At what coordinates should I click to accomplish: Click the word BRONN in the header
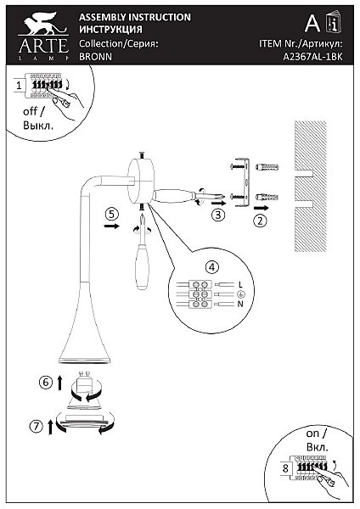pyautogui.click(x=96, y=57)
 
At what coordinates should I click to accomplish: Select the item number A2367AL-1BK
pyautogui.click(x=312, y=57)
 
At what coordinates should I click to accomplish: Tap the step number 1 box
pyautogui.click(x=20, y=86)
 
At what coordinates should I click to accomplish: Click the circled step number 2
pyautogui.click(x=260, y=221)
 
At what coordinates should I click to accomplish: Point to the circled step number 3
pyautogui.click(x=218, y=215)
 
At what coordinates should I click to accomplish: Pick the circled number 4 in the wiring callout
pyautogui.click(x=212, y=267)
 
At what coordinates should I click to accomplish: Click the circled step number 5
pyautogui.click(x=112, y=214)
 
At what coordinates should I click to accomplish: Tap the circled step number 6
pyautogui.click(x=46, y=382)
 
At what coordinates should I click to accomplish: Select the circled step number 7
pyautogui.click(x=36, y=426)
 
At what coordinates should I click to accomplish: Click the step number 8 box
pyautogui.click(x=285, y=468)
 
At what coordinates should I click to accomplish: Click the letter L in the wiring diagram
pyautogui.click(x=240, y=285)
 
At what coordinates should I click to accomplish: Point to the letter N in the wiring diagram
pyautogui.click(x=240, y=304)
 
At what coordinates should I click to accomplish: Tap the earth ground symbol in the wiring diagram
pyautogui.click(x=241, y=294)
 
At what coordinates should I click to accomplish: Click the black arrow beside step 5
pyautogui.click(x=112, y=226)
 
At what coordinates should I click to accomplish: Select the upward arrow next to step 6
pyautogui.click(x=59, y=383)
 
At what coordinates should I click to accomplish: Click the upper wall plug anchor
pyautogui.click(x=267, y=167)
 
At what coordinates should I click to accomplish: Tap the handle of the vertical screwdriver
pyautogui.click(x=143, y=267)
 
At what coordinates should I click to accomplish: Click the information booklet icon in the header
pyautogui.click(x=334, y=22)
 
